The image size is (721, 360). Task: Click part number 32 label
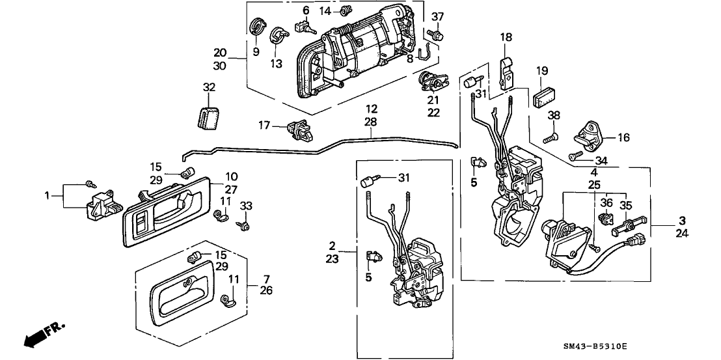[208, 87]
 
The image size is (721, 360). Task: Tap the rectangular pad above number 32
[208, 115]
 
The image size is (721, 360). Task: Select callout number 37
[437, 17]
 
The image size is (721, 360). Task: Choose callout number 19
[543, 70]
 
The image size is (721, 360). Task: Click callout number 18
[506, 38]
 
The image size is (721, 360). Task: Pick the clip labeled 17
[300, 128]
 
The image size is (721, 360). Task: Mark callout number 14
[325, 11]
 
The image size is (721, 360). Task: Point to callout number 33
[246, 206]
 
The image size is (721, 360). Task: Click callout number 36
[606, 202]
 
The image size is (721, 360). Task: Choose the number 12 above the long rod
[371, 109]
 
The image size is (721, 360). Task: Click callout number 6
[305, 10]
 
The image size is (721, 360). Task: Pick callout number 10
[232, 177]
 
